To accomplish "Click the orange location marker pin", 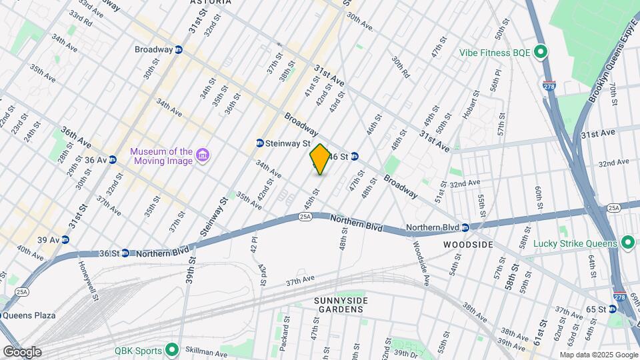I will (x=320, y=159).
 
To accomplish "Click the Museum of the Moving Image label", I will (x=161, y=157).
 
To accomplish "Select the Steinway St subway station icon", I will (x=260, y=143).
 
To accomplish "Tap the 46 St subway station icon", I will (x=355, y=157).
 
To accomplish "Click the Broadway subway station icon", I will (x=179, y=50).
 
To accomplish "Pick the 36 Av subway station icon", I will (x=113, y=160).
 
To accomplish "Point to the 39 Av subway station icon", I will (x=65, y=240).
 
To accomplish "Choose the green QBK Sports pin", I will (x=172, y=348).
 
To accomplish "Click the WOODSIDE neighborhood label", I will (x=469, y=245).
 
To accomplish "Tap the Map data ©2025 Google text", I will (x=598, y=355).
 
